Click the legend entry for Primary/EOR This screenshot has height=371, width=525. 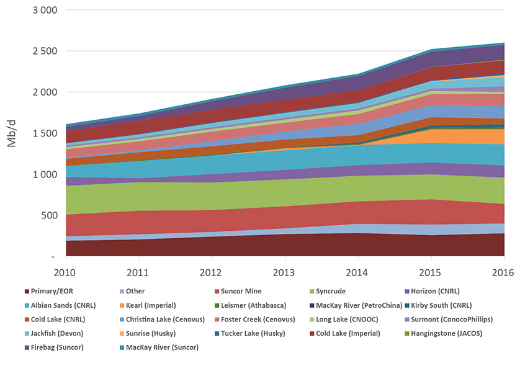pyautogui.click(x=52, y=292)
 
